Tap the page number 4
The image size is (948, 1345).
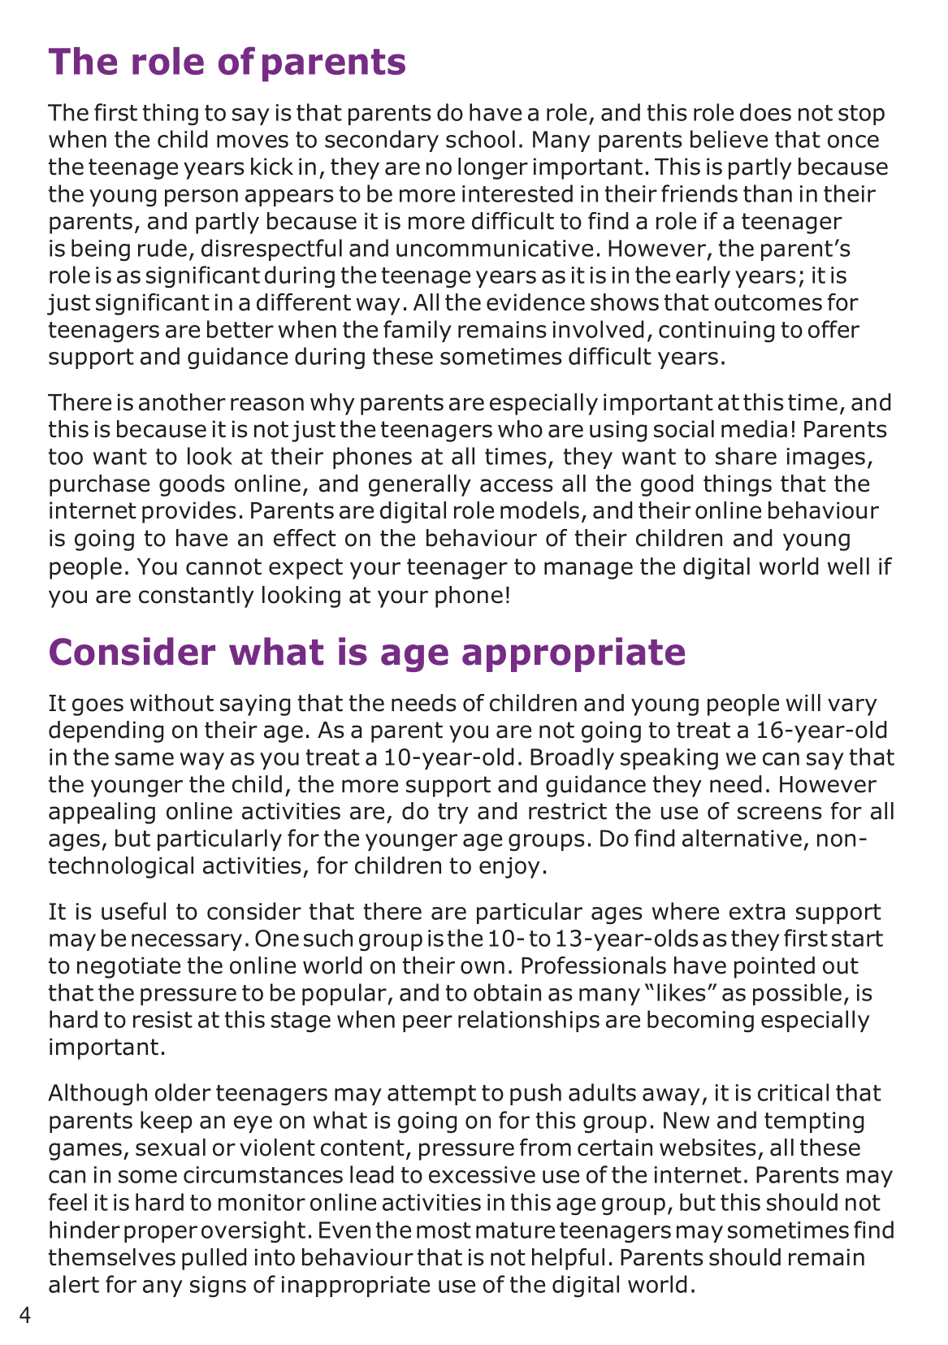(x=25, y=1315)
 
